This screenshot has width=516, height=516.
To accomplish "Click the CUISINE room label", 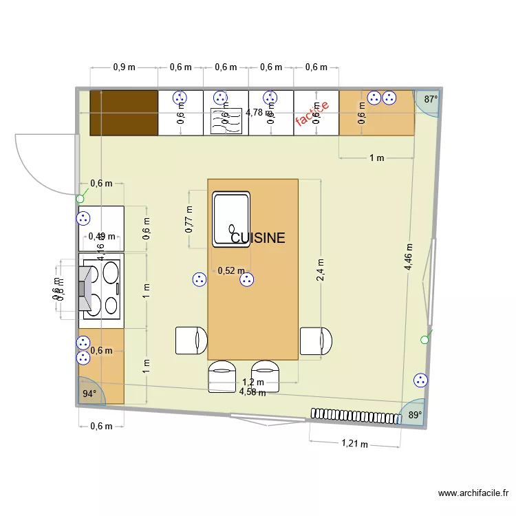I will click(x=258, y=238).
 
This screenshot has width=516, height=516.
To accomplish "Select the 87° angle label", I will click(x=431, y=99).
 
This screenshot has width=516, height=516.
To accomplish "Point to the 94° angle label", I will click(x=89, y=394).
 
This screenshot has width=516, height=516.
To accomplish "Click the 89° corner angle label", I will click(x=415, y=415).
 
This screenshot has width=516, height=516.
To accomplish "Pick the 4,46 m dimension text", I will click(x=409, y=257).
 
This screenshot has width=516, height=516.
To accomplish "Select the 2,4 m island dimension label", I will click(x=319, y=270).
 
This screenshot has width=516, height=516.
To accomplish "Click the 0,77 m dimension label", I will click(x=189, y=218).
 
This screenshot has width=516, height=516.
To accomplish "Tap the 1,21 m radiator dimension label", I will click(x=354, y=444).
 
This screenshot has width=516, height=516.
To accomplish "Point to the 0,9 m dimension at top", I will click(x=124, y=67).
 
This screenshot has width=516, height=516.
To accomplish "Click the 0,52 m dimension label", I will click(x=230, y=271).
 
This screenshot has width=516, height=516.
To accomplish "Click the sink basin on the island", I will click(x=231, y=219).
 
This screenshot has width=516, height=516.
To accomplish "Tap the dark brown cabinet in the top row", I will click(x=124, y=112).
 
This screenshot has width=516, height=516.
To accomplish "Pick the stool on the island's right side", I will click(x=316, y=341).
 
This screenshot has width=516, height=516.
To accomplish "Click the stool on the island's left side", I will click(x=191, y=341).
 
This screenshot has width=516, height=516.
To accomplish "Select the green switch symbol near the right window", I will click(x=424, y=339).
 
